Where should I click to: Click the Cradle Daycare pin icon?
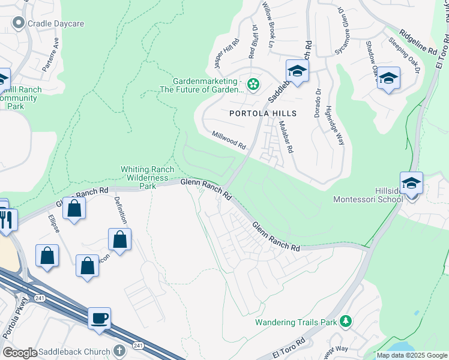(18, 23)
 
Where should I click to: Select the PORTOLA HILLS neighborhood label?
(263, 113)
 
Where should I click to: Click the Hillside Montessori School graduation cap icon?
(411, 183)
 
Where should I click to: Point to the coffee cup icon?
(99, 317)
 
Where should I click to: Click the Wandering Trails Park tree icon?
(345, 322)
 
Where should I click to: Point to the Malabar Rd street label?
(285, 137)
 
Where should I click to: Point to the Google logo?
(20, 353)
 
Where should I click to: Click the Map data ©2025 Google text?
(411, 355)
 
